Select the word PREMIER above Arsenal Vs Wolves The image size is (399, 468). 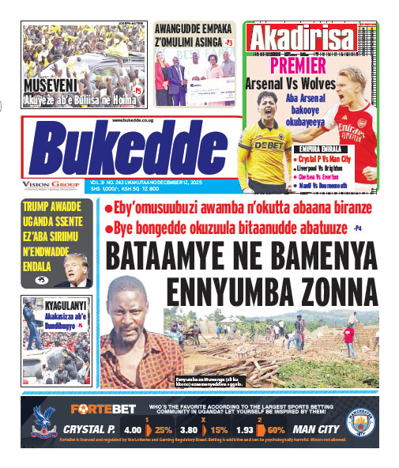pyautogui.click(x=299, y=66)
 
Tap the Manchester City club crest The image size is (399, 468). pyautogui.click(x=361, y=422)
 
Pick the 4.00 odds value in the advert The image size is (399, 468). pyautogui.click(x=133, y=431)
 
